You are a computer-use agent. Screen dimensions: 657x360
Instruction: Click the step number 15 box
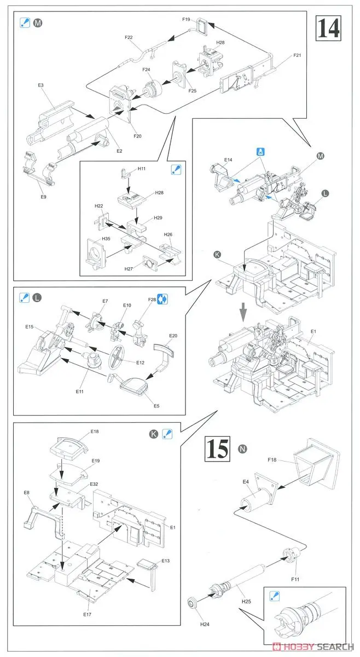point(218,450)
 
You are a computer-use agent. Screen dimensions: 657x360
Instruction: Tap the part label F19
point(186,19)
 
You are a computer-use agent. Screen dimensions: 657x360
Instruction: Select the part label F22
point(129,37)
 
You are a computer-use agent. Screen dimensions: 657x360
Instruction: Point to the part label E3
point(40,85)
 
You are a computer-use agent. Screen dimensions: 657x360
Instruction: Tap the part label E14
point(228,160)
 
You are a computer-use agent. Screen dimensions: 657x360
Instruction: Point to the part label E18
point(95,431)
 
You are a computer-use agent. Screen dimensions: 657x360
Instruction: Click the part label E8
point(26,493)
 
